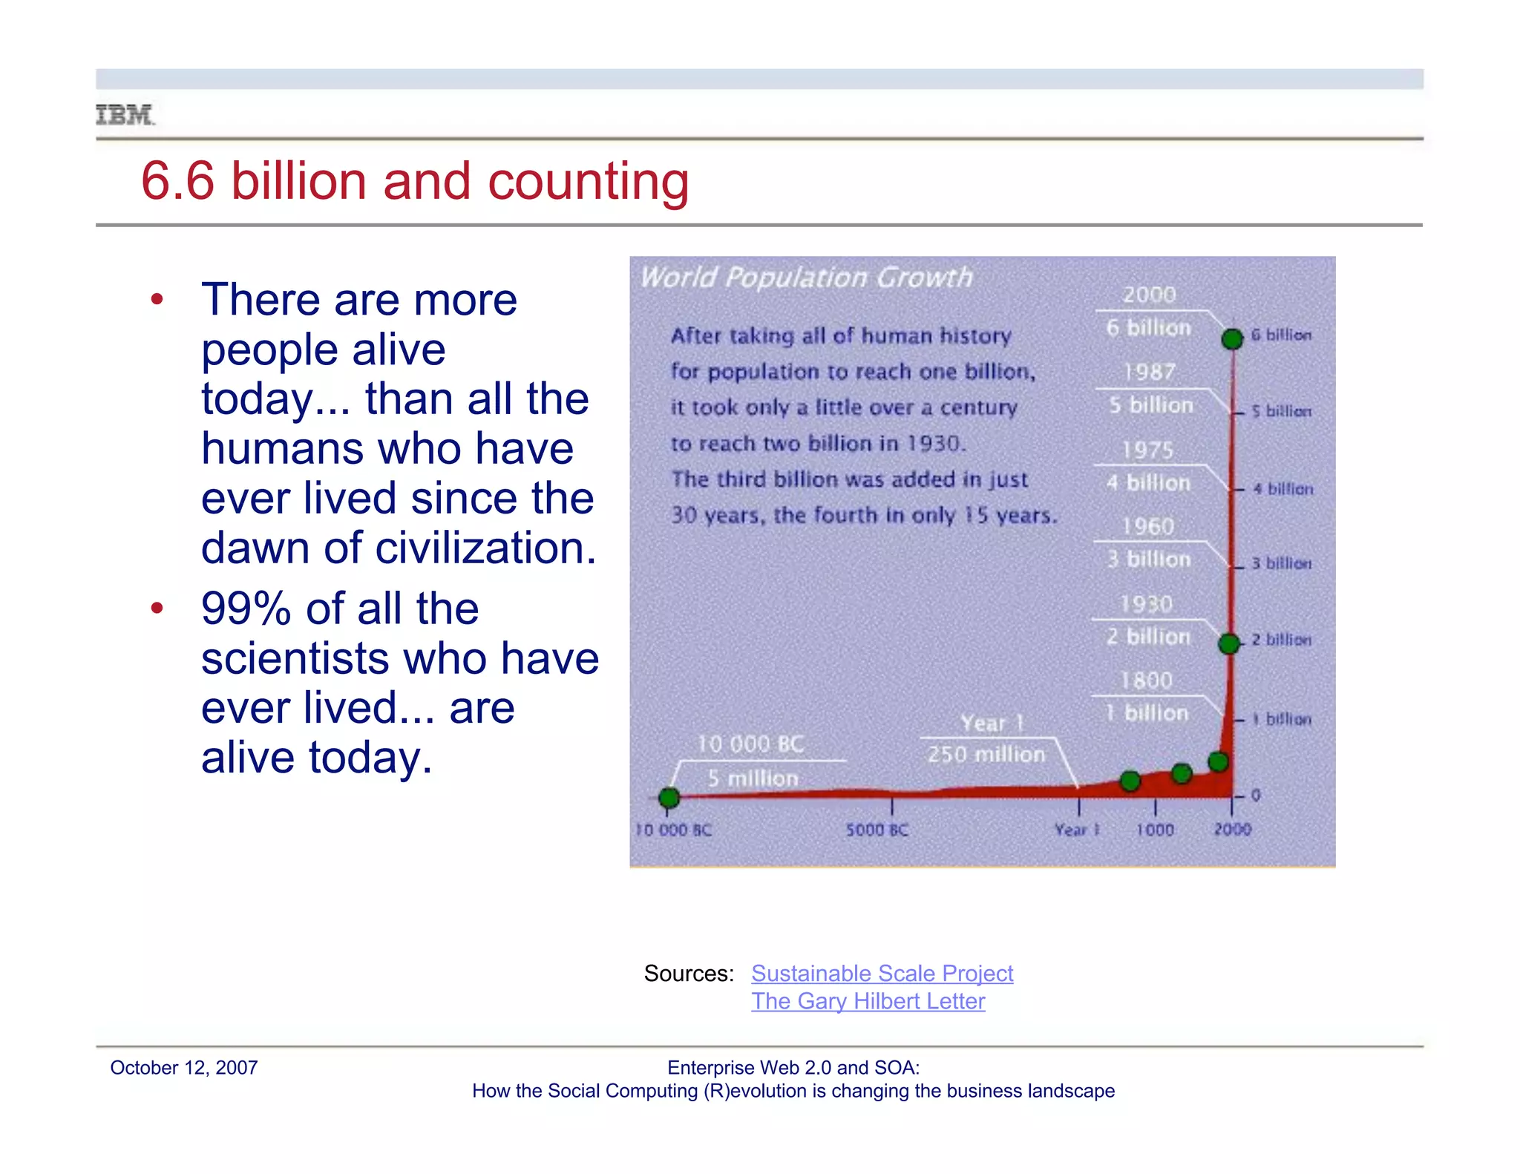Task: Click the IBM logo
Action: pyautogui.click(x=125, y=116)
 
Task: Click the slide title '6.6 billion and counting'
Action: pyautogui.click(x=414, y=181)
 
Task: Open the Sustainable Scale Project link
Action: pyautogui.click(x=882, y=973)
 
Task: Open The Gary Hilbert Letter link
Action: pyautogui.click(x=868, y=1001)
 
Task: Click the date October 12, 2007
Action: pyautogui.click(x=183, y=1068)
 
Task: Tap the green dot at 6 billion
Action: pyautogui.click(x=1232, y=339)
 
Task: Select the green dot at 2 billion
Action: pyautogui.click(x=1229, y=643)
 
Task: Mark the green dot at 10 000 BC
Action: pyautogui.click(x=669, y=798)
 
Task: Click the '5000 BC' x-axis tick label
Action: pyautogui.click(x=877, y=830)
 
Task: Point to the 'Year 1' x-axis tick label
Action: pyautogui.click(x=1076, y=830)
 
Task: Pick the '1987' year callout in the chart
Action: pyautogui.click(x=1149, y=372)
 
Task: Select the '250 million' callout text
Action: pyautogui.click(x=986, y=755)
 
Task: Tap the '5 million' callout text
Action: pyautogui.click(x=753, y=778)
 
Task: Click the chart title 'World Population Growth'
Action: pyautogui.click(x=806, y=278)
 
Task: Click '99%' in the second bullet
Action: pyautogui.click(x=246, y=609)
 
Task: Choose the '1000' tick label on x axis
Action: pyautogui.click(x=1155, y=830)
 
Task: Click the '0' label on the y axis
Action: pyautogui.click(x=1255, y=796)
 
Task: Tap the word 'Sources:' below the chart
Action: pyautogui.click(x=689, y=973)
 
